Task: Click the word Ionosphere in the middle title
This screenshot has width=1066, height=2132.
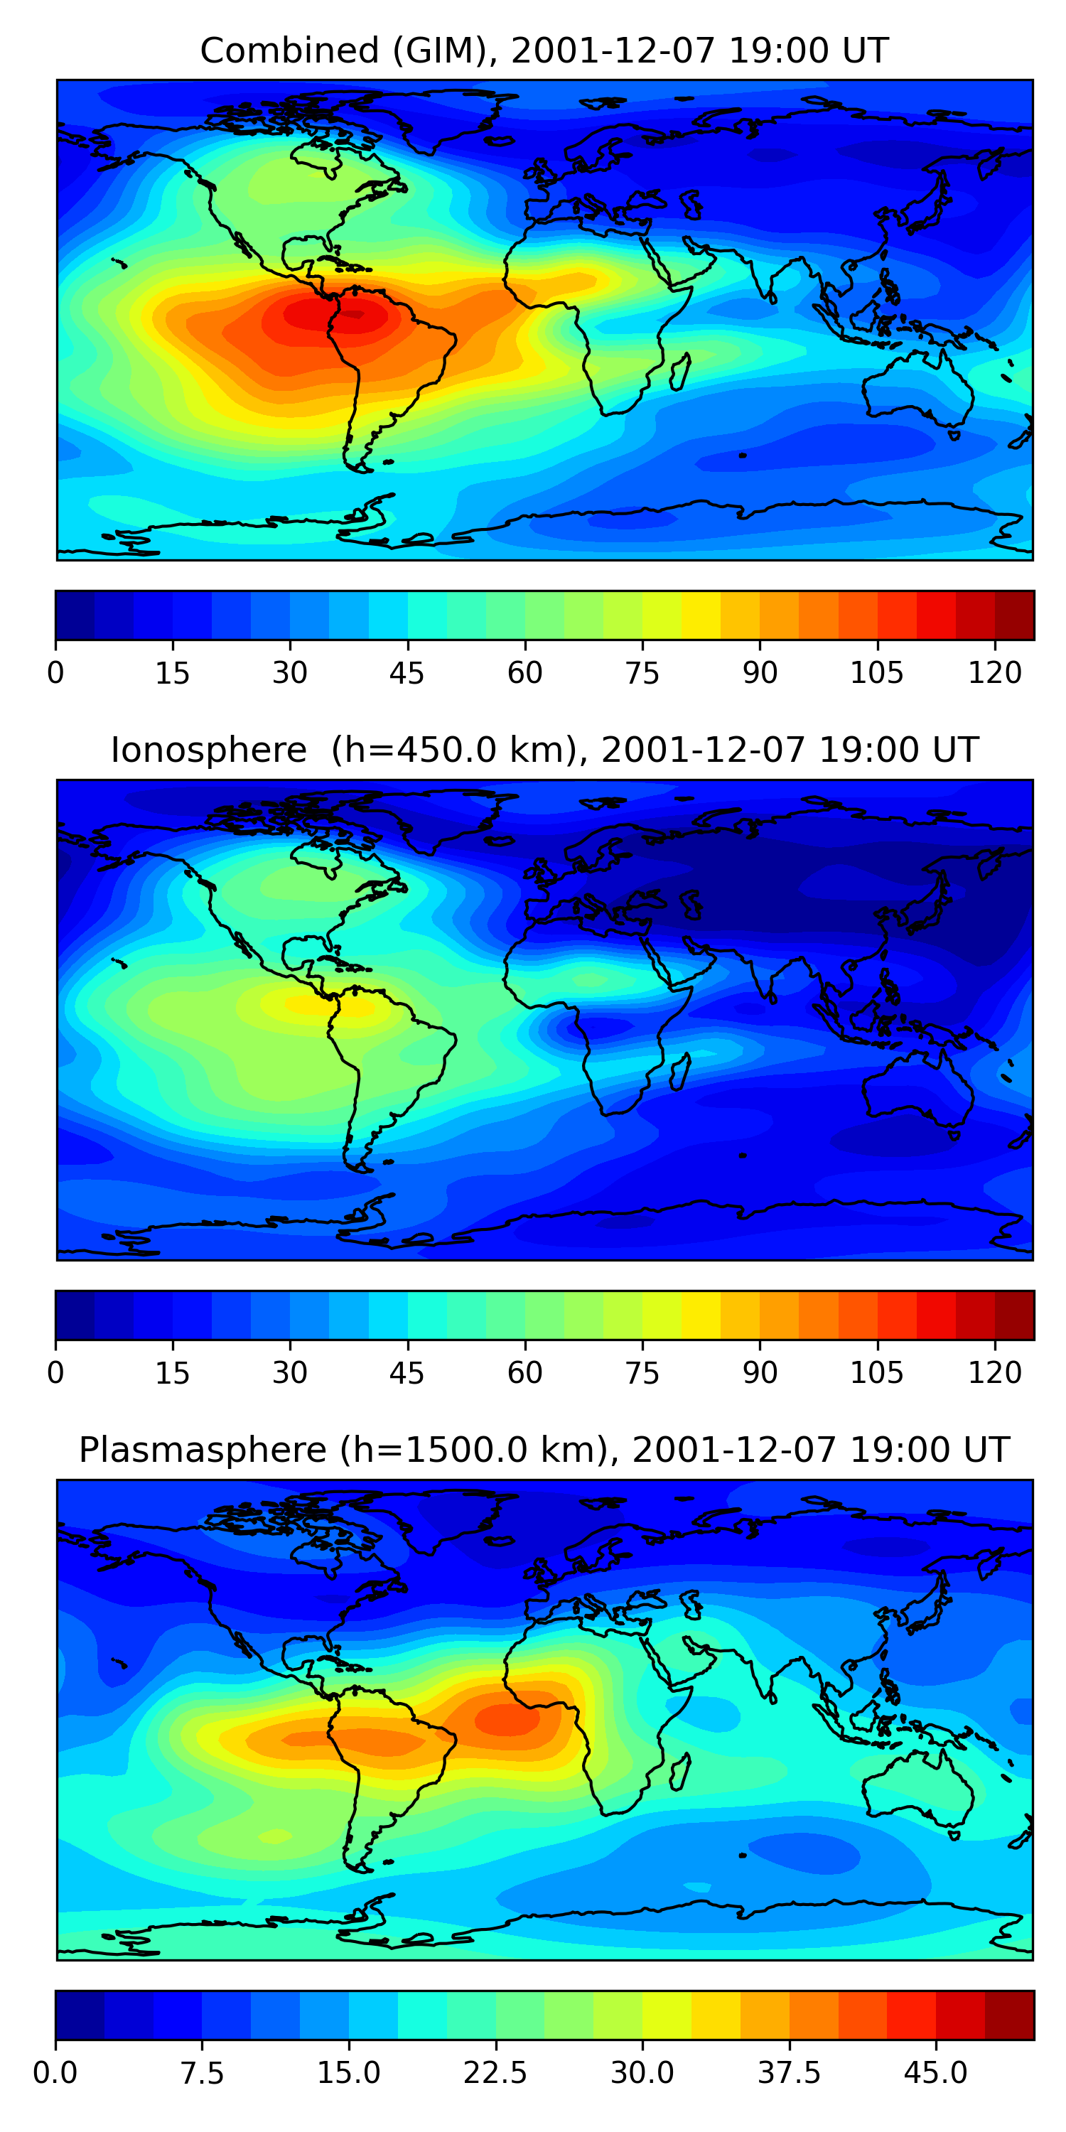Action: tap(208, 750)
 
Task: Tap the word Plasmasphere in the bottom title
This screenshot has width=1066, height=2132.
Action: tap(203, 1450)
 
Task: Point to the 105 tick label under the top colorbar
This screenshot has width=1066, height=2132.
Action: tap(876, 674)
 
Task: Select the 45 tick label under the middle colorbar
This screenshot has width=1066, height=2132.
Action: tap(407, 1373)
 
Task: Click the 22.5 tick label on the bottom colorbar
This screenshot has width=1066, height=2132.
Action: tap(495, 2073)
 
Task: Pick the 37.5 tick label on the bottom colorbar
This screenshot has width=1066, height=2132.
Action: tap(789, 2073)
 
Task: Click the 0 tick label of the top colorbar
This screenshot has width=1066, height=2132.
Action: tap(55, 674)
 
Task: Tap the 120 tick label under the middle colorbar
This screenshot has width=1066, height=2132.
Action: tap(994, 1373)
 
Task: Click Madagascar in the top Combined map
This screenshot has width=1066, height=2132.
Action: tap(680, 371)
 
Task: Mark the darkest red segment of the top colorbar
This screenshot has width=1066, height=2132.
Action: tap(1014, 615)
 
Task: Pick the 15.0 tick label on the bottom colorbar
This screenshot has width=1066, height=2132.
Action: tap(348, 2073)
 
